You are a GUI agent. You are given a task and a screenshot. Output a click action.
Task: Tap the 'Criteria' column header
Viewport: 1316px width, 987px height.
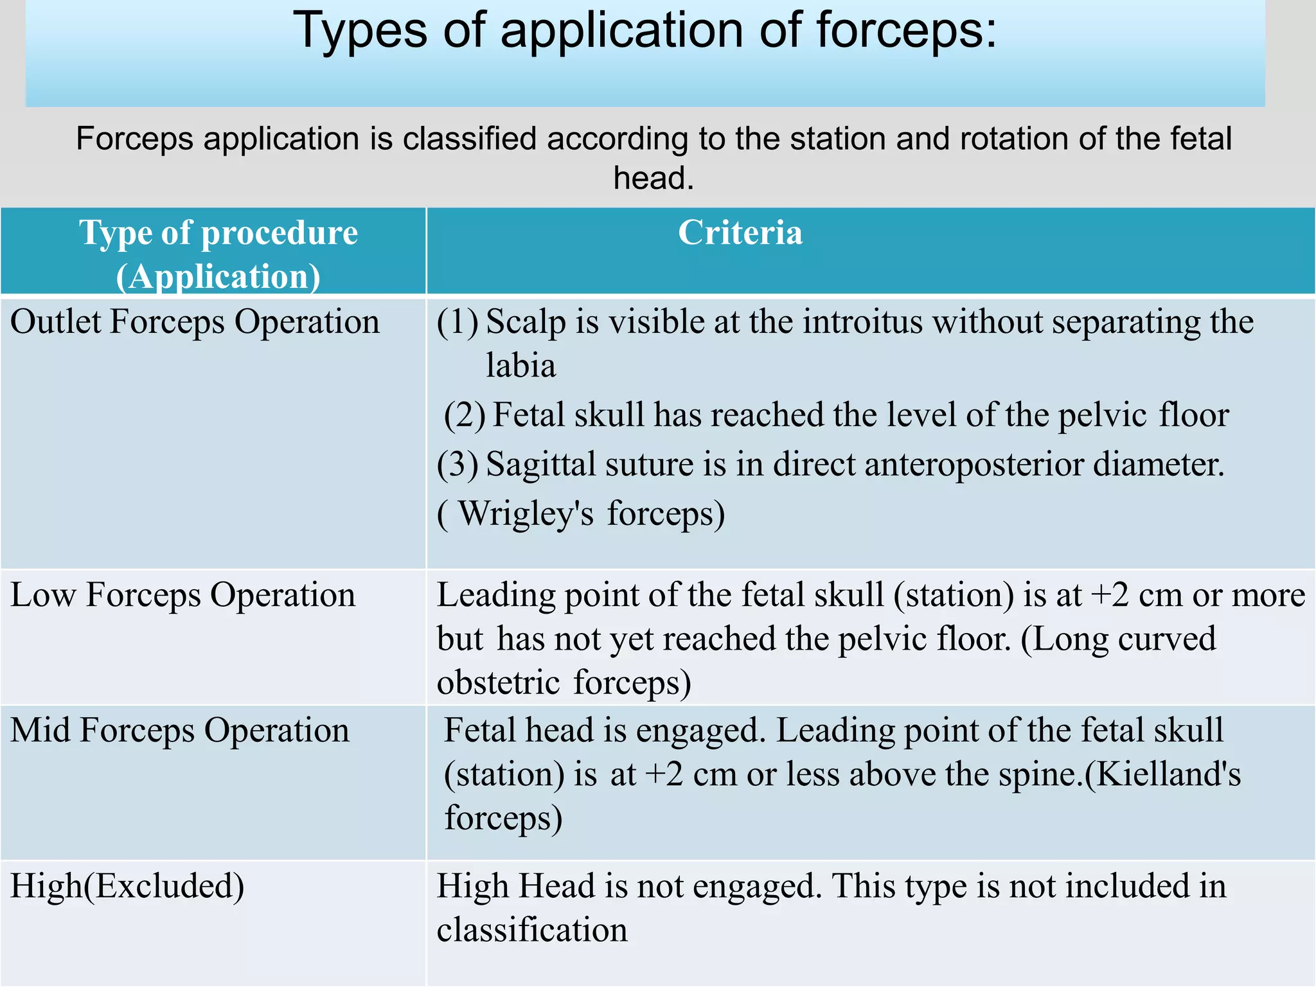point(740,233)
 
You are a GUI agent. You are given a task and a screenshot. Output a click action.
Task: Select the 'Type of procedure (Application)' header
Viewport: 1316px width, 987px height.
point(218,254)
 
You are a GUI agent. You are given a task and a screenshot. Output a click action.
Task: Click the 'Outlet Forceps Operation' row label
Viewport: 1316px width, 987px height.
point(195,322)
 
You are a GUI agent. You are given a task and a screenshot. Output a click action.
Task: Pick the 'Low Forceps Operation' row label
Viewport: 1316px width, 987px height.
point(182,595)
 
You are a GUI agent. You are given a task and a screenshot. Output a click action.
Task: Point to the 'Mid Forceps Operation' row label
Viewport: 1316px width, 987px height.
point(180,731)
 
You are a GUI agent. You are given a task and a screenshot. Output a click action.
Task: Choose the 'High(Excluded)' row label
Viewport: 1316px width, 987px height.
point(127,886)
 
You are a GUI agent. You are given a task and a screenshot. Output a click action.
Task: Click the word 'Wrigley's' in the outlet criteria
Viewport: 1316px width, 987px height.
point(526,514)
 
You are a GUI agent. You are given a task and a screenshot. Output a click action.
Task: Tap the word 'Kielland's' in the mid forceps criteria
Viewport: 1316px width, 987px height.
point(1168,774)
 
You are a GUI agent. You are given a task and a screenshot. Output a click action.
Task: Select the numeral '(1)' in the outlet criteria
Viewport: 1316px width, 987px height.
point(458,322)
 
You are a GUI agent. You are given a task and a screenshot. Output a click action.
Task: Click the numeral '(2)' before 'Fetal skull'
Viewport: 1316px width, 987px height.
point(465,415)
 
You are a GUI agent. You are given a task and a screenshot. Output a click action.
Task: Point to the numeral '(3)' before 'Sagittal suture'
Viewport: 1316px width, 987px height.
point(458,465)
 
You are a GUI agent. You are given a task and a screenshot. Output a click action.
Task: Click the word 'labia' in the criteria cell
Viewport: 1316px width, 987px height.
point(520,366)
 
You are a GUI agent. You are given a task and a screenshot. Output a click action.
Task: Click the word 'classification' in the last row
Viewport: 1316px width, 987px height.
point(532,930)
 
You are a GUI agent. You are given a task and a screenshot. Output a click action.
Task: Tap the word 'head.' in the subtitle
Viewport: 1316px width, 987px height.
point(654,178)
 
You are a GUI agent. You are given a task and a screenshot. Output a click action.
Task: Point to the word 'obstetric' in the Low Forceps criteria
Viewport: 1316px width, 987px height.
point(498,682)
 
